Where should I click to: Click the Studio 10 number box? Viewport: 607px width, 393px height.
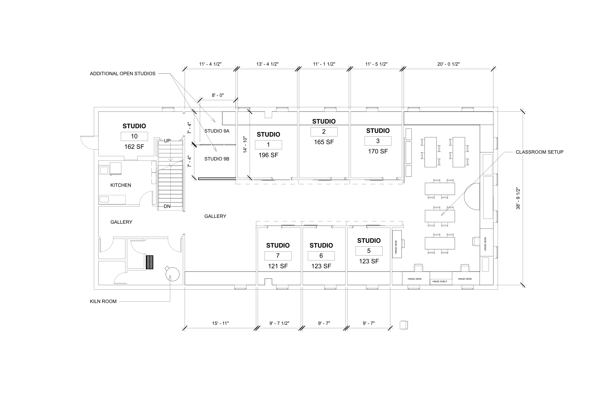(134, 136)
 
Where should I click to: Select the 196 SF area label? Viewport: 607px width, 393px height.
(268, 155)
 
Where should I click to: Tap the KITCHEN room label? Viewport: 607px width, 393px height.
(121, 185)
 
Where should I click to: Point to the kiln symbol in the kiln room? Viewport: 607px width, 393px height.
(172, 274)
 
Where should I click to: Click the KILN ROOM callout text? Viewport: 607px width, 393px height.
(103, 301)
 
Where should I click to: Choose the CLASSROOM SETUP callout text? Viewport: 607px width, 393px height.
(539, 152)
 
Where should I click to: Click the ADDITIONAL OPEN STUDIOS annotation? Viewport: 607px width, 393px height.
(122, 74)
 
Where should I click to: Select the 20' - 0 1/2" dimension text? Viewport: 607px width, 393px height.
(448, 64)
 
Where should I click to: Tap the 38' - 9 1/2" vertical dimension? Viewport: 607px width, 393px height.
(518, 199)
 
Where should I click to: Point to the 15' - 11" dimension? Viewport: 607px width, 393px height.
(220, 323)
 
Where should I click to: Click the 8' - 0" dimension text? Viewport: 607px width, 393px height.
(218, 95)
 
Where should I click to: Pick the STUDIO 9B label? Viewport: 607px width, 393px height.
(217, 159)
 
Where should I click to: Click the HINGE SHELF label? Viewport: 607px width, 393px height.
(440, 281)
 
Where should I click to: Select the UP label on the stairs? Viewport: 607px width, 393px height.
(167, 141)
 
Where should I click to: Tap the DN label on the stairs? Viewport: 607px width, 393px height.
(167, 206)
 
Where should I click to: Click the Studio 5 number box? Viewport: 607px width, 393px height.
(369, 251)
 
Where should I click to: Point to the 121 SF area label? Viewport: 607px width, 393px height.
(278, 266)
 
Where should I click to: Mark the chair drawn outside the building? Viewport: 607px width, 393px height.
(404, 325)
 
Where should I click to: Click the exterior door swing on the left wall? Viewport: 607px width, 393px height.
(88, 143)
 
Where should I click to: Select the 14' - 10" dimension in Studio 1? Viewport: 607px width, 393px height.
(245, 145)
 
